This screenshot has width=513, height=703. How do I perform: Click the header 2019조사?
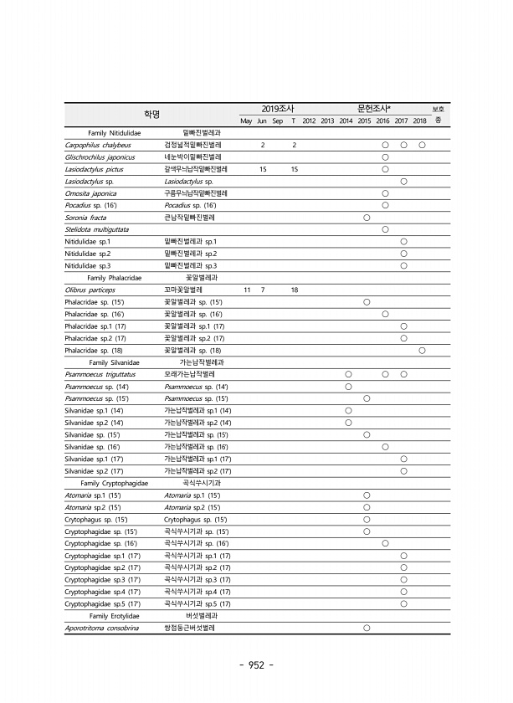[277, 109]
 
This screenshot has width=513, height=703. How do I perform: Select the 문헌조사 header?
[375, 109]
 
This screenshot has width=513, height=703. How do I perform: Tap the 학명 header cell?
[150, 115]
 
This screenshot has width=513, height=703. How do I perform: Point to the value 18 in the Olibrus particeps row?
[295, 290]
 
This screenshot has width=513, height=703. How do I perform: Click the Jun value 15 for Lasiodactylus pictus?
[263, 169]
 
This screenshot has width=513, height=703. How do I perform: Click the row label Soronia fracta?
[85, 218]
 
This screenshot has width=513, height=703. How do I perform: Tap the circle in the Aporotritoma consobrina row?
[367, 628]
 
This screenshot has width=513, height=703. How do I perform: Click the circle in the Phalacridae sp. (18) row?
[422, 350]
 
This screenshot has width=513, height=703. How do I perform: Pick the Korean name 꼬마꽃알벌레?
[183, 290]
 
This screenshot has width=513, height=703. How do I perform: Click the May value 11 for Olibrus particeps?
[246, 290]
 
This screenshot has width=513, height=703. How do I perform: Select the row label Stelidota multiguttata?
[97, 229]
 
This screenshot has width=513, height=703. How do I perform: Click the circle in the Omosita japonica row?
[385, 193]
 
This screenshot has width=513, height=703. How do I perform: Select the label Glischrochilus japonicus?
[99, 157]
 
